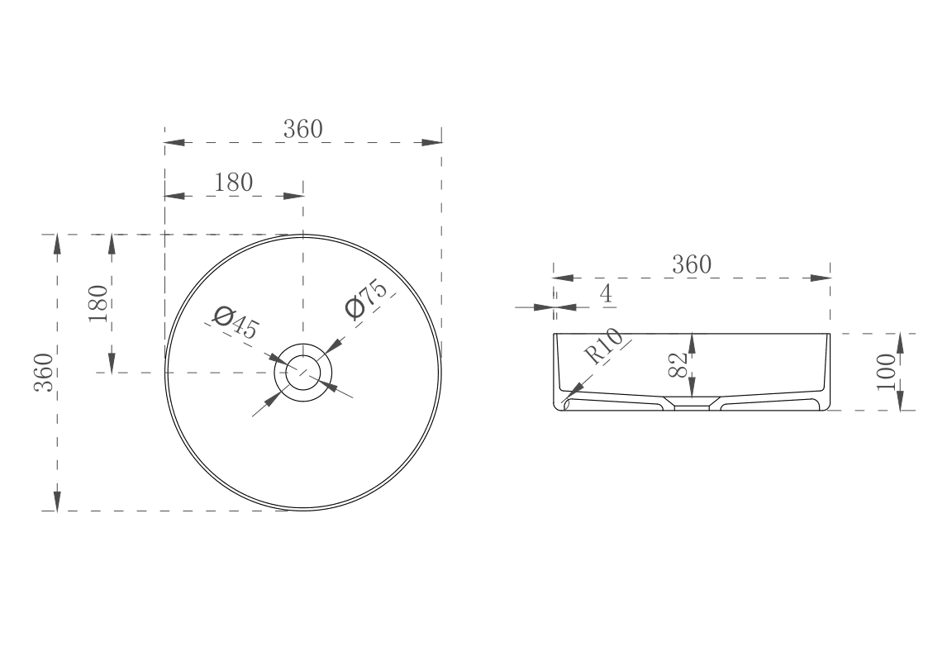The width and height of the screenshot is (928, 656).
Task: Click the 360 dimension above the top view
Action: point(302,130)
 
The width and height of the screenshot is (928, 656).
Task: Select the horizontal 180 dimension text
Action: point(233,183)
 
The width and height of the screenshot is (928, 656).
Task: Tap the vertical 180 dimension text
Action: point(98,302)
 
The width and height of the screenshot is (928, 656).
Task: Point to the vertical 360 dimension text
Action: point(44,372)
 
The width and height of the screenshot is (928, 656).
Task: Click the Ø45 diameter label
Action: point(235,322)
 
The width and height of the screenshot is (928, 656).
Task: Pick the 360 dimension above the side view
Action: point(691,264)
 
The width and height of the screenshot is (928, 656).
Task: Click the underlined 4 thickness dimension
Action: point(606,294)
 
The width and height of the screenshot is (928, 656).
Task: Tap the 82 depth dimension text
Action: point(678,365)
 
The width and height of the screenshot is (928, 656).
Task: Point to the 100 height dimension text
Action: point(887,371)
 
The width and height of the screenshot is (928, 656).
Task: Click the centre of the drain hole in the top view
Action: point(302,373)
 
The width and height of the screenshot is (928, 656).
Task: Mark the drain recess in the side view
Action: point(692,406)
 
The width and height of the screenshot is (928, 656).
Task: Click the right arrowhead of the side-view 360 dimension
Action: point(821,278)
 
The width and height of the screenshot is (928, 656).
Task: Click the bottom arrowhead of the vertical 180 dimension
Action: point(112,363)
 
